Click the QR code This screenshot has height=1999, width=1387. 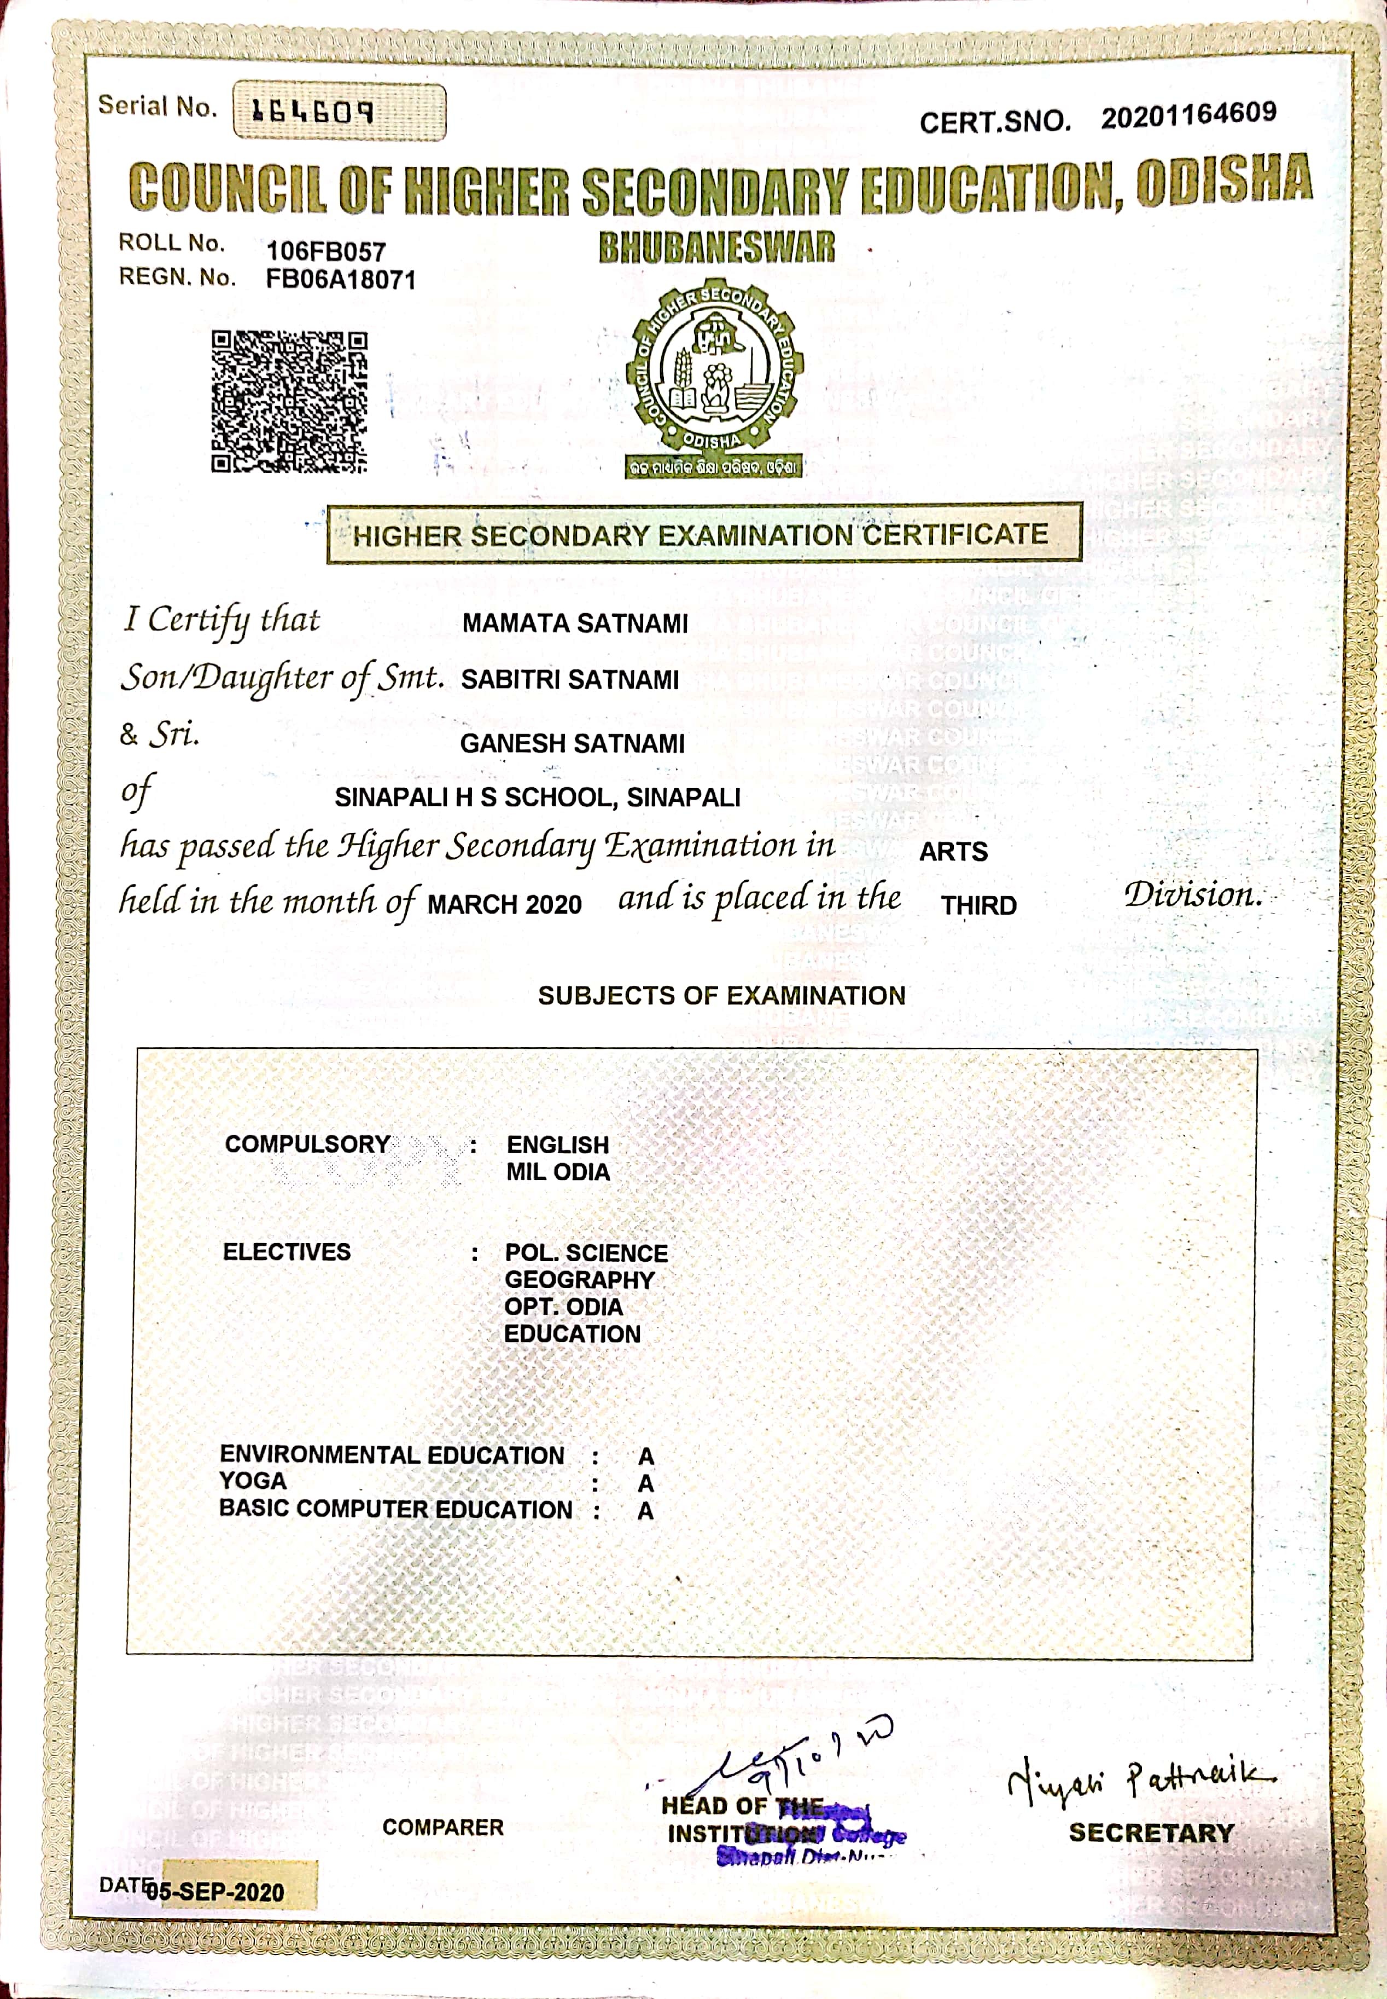click(x=289, y=402)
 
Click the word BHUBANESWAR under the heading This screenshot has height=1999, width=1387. click(x=716, y=248)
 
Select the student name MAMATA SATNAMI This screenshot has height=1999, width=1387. click(x=574, y=623)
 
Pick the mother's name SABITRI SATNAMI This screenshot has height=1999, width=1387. click(x=569, y=680)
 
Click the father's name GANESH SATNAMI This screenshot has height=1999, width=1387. click(x=572, y=743)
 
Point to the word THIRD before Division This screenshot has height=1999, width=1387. click(x=978, y=906)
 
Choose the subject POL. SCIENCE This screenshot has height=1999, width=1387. click(x=587, y=1253)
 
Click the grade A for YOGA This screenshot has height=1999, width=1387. click(x=645, y=1483)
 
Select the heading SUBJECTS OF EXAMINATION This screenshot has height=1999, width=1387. click(x=721, y=996)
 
